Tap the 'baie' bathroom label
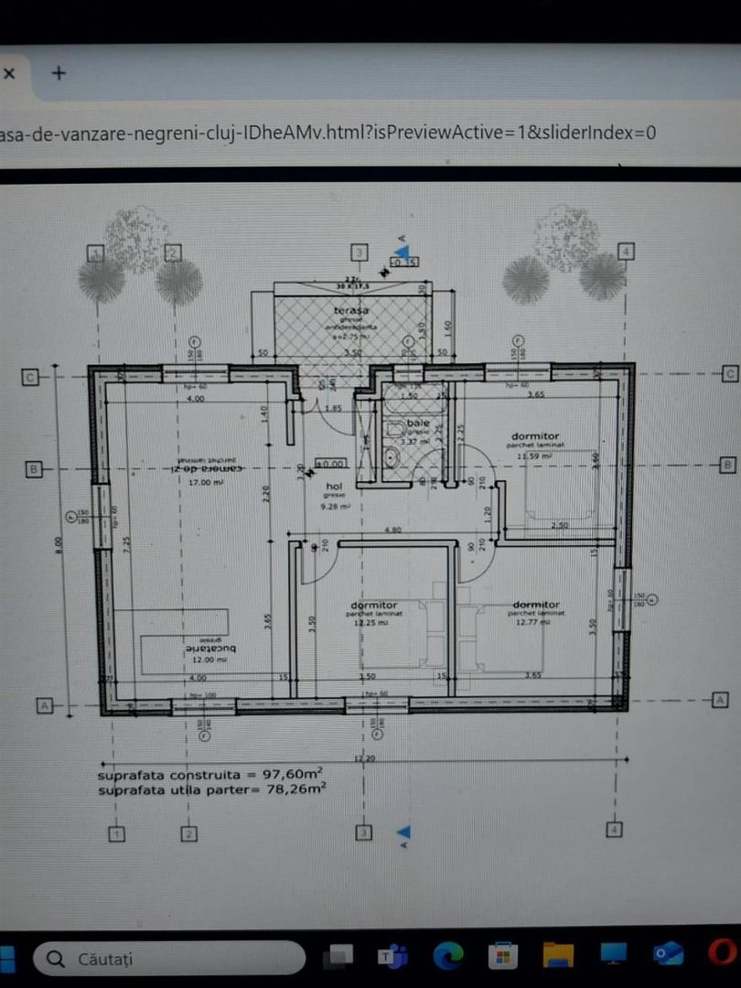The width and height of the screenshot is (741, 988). (x=418, y=424)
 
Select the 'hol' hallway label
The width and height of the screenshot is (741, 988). (x=334, y=488)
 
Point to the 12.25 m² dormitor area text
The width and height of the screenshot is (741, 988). (x=371, y=622)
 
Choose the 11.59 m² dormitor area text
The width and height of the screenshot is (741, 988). (x=536, y=455)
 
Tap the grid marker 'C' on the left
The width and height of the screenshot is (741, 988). (x=30, y=375)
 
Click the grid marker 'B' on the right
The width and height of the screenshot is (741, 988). (x=728, y=465)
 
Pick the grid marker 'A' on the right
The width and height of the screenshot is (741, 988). (x=720, y=700)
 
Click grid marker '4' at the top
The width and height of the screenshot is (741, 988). (x=626, y=251)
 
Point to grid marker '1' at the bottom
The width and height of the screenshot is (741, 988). (x=116, y=833)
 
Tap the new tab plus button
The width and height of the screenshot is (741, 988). (x=59, y=72)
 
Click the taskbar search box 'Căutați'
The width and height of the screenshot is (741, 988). (x=169, y=959)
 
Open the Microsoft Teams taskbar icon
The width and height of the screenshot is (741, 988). (x=392, y=956)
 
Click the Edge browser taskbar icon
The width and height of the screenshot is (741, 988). (x=448, y=955)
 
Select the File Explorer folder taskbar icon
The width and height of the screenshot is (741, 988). (x=557, y=955)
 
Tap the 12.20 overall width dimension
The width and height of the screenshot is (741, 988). (x=364, y=759)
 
